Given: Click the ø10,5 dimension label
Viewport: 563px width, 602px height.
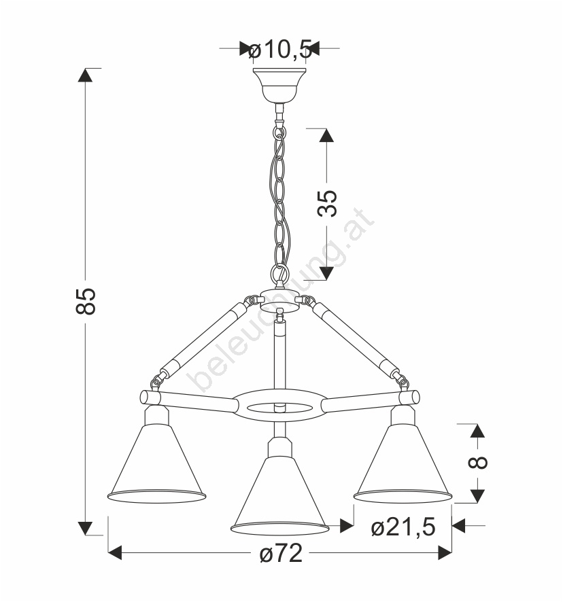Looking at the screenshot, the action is coord(280,50).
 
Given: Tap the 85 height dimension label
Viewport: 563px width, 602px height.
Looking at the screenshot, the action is coord(86,302).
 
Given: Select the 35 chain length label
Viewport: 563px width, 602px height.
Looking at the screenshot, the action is coord(327,203).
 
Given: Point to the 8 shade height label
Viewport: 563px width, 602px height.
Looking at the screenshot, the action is coord(478,463).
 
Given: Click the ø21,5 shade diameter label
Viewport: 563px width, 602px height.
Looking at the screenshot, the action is coord(403,527).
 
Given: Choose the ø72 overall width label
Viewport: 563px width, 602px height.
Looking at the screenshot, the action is coord(281,553).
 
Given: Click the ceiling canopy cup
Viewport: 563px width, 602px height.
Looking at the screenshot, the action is coord(279,85).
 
